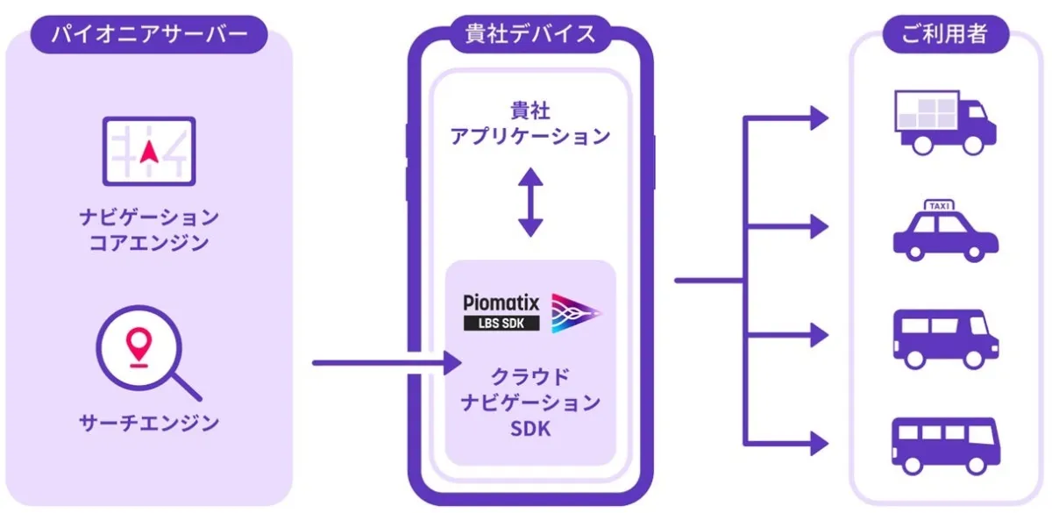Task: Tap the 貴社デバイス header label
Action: point(529,34)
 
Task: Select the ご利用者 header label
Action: point(944,35)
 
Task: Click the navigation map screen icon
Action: point(148,151)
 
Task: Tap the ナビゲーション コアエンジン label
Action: point(148,230)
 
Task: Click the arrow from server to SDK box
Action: point(386,361)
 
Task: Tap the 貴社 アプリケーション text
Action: point(529,124)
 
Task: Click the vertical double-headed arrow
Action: point(530,203)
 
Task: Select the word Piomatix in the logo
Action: point(501,304)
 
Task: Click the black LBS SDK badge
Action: point(501,324)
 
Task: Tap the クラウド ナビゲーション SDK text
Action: point(529,403)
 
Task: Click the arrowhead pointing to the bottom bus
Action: point(819,442)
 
